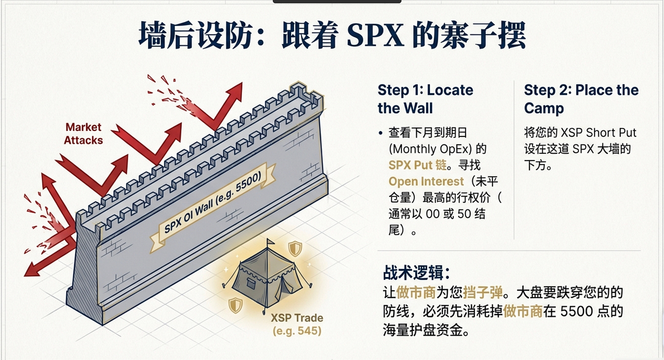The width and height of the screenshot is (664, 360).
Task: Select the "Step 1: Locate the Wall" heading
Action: pos(425,99)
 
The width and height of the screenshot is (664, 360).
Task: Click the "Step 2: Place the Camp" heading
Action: pos(581,99)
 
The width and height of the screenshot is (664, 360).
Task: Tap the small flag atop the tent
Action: pos(270,242)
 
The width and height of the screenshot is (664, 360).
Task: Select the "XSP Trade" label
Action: pos(297,318)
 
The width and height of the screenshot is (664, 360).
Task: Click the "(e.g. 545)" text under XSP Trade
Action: pos(297,331)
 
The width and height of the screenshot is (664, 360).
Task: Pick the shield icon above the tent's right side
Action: pos(295,249)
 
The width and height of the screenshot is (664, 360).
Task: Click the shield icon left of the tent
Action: pos(235,305)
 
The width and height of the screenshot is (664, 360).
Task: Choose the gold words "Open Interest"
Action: pos(426,182)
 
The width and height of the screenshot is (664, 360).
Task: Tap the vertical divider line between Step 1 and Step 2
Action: pos(514,160)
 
